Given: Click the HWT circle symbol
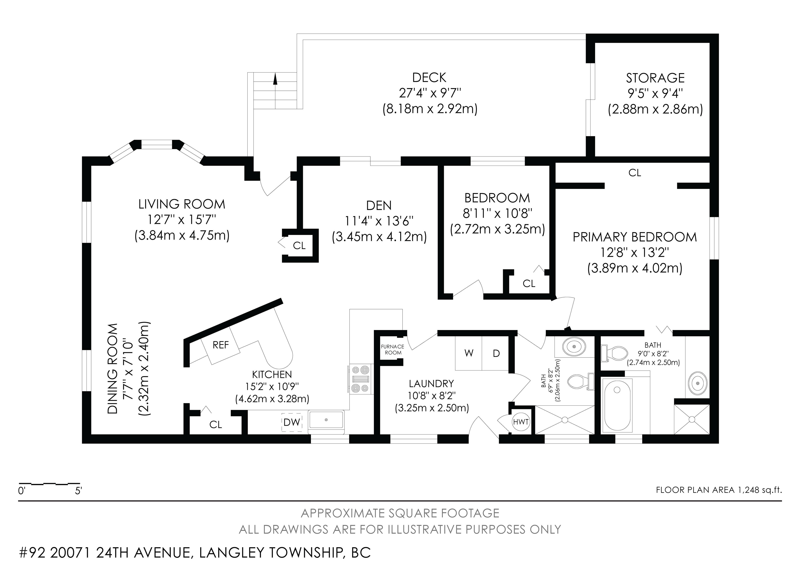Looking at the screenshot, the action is pos(521,422).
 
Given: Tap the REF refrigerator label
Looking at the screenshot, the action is pos(221,345).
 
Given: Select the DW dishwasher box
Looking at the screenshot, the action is pos(292,422).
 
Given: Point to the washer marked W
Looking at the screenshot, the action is pos(469,353).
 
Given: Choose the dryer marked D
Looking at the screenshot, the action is pos(496,353).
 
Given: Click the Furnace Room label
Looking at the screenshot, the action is pos(393,349).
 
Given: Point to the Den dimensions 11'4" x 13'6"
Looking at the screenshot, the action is pos(379,221).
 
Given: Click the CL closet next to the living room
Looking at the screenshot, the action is pos(299,246).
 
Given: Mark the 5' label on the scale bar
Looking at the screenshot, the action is pos(78,491).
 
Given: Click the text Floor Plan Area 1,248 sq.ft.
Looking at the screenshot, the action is pos(719,490).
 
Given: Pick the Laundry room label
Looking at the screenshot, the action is pos(431,384).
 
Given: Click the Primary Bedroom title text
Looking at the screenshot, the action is pos(634,237).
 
